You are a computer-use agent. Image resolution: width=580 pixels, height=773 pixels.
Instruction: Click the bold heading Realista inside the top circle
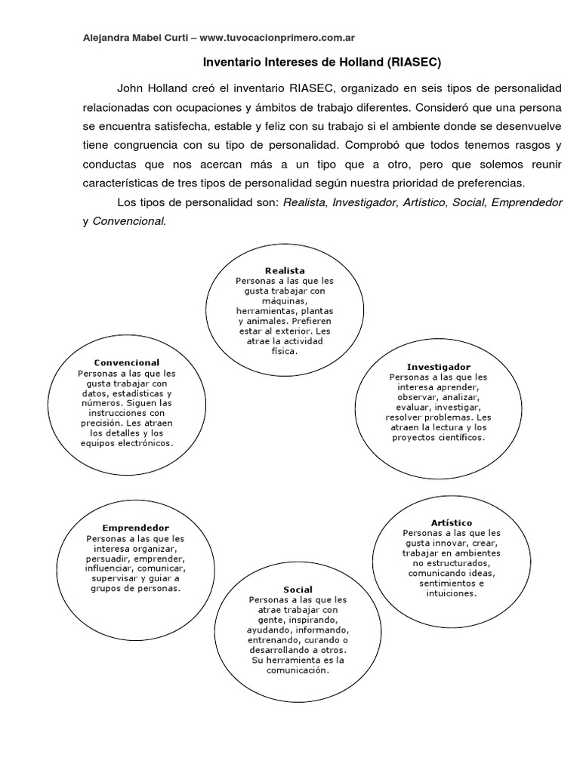[x=285, y=270]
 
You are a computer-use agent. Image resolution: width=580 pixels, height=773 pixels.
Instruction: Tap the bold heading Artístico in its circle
[x=452, y=522]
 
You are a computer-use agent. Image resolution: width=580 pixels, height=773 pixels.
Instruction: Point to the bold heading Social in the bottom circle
[x=298, y=589]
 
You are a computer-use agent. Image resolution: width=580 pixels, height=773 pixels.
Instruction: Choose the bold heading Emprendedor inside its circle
[x=135, y=528]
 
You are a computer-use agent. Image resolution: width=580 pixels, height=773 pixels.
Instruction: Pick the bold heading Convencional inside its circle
[x=127, y=362]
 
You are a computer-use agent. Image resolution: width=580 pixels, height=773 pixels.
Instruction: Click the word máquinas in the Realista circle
[x=285, y=300]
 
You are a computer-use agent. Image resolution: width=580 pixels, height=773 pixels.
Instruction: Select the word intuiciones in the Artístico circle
[x=452, y=593]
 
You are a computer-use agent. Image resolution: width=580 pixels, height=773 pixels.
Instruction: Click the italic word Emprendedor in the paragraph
[x=527, y=202]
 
